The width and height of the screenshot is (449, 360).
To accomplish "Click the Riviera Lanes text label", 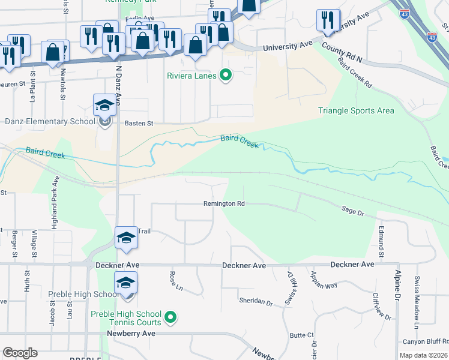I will (192, 76).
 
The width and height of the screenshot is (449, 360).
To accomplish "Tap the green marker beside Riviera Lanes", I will (226, 76).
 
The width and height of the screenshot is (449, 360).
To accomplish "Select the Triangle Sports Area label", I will (356, 110).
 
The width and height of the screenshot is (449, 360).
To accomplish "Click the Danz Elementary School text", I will (49, 122).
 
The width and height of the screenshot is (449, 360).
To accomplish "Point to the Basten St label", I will (139, 123).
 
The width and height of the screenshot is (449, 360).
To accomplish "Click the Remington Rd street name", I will (224, 204).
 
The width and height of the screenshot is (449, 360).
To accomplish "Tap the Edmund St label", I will (381, 239).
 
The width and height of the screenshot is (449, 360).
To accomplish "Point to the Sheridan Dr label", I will (256, 300).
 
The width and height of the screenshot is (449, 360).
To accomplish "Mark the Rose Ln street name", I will (176, 281).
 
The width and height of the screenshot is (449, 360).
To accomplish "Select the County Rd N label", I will (342, 53).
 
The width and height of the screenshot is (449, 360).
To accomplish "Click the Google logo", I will (20, 353).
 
